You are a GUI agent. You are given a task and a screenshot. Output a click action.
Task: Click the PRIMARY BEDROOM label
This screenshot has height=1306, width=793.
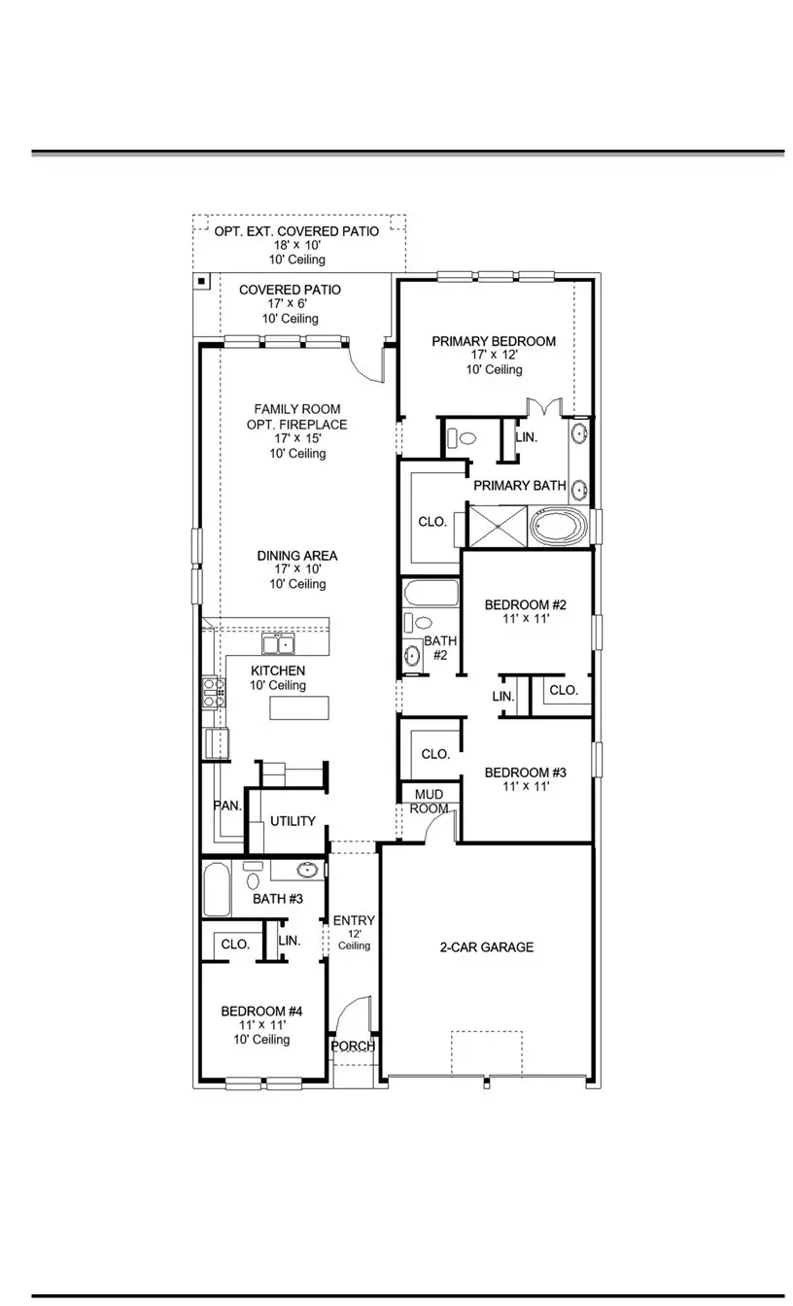(x=494, y=341)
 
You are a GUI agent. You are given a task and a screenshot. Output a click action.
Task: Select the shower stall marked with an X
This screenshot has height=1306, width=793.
(x=498, y=526)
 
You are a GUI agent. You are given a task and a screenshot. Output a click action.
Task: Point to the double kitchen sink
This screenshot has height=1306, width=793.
(x=278, y=644)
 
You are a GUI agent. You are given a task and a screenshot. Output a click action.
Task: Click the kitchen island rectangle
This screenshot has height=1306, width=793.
(x=299, y=708)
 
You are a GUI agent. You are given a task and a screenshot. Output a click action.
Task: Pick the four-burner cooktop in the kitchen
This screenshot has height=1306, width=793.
(x=213, y=692)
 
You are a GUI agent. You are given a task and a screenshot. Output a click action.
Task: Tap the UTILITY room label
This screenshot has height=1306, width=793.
(x=293, y=821)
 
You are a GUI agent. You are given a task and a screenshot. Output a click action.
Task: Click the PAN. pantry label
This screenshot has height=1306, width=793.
(x=227, y=806)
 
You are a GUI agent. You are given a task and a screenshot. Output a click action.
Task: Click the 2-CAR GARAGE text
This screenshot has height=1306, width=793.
(x=487, y=946)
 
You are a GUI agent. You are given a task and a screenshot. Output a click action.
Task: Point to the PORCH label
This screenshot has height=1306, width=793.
(x=353, y=1047)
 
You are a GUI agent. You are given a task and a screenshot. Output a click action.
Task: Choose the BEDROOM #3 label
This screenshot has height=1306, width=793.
(x=525, y=773)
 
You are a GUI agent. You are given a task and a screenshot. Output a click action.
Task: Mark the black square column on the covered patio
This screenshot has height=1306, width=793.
(x=201, y=282)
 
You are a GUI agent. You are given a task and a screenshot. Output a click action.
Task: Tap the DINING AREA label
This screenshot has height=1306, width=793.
(x=297, y=556)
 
